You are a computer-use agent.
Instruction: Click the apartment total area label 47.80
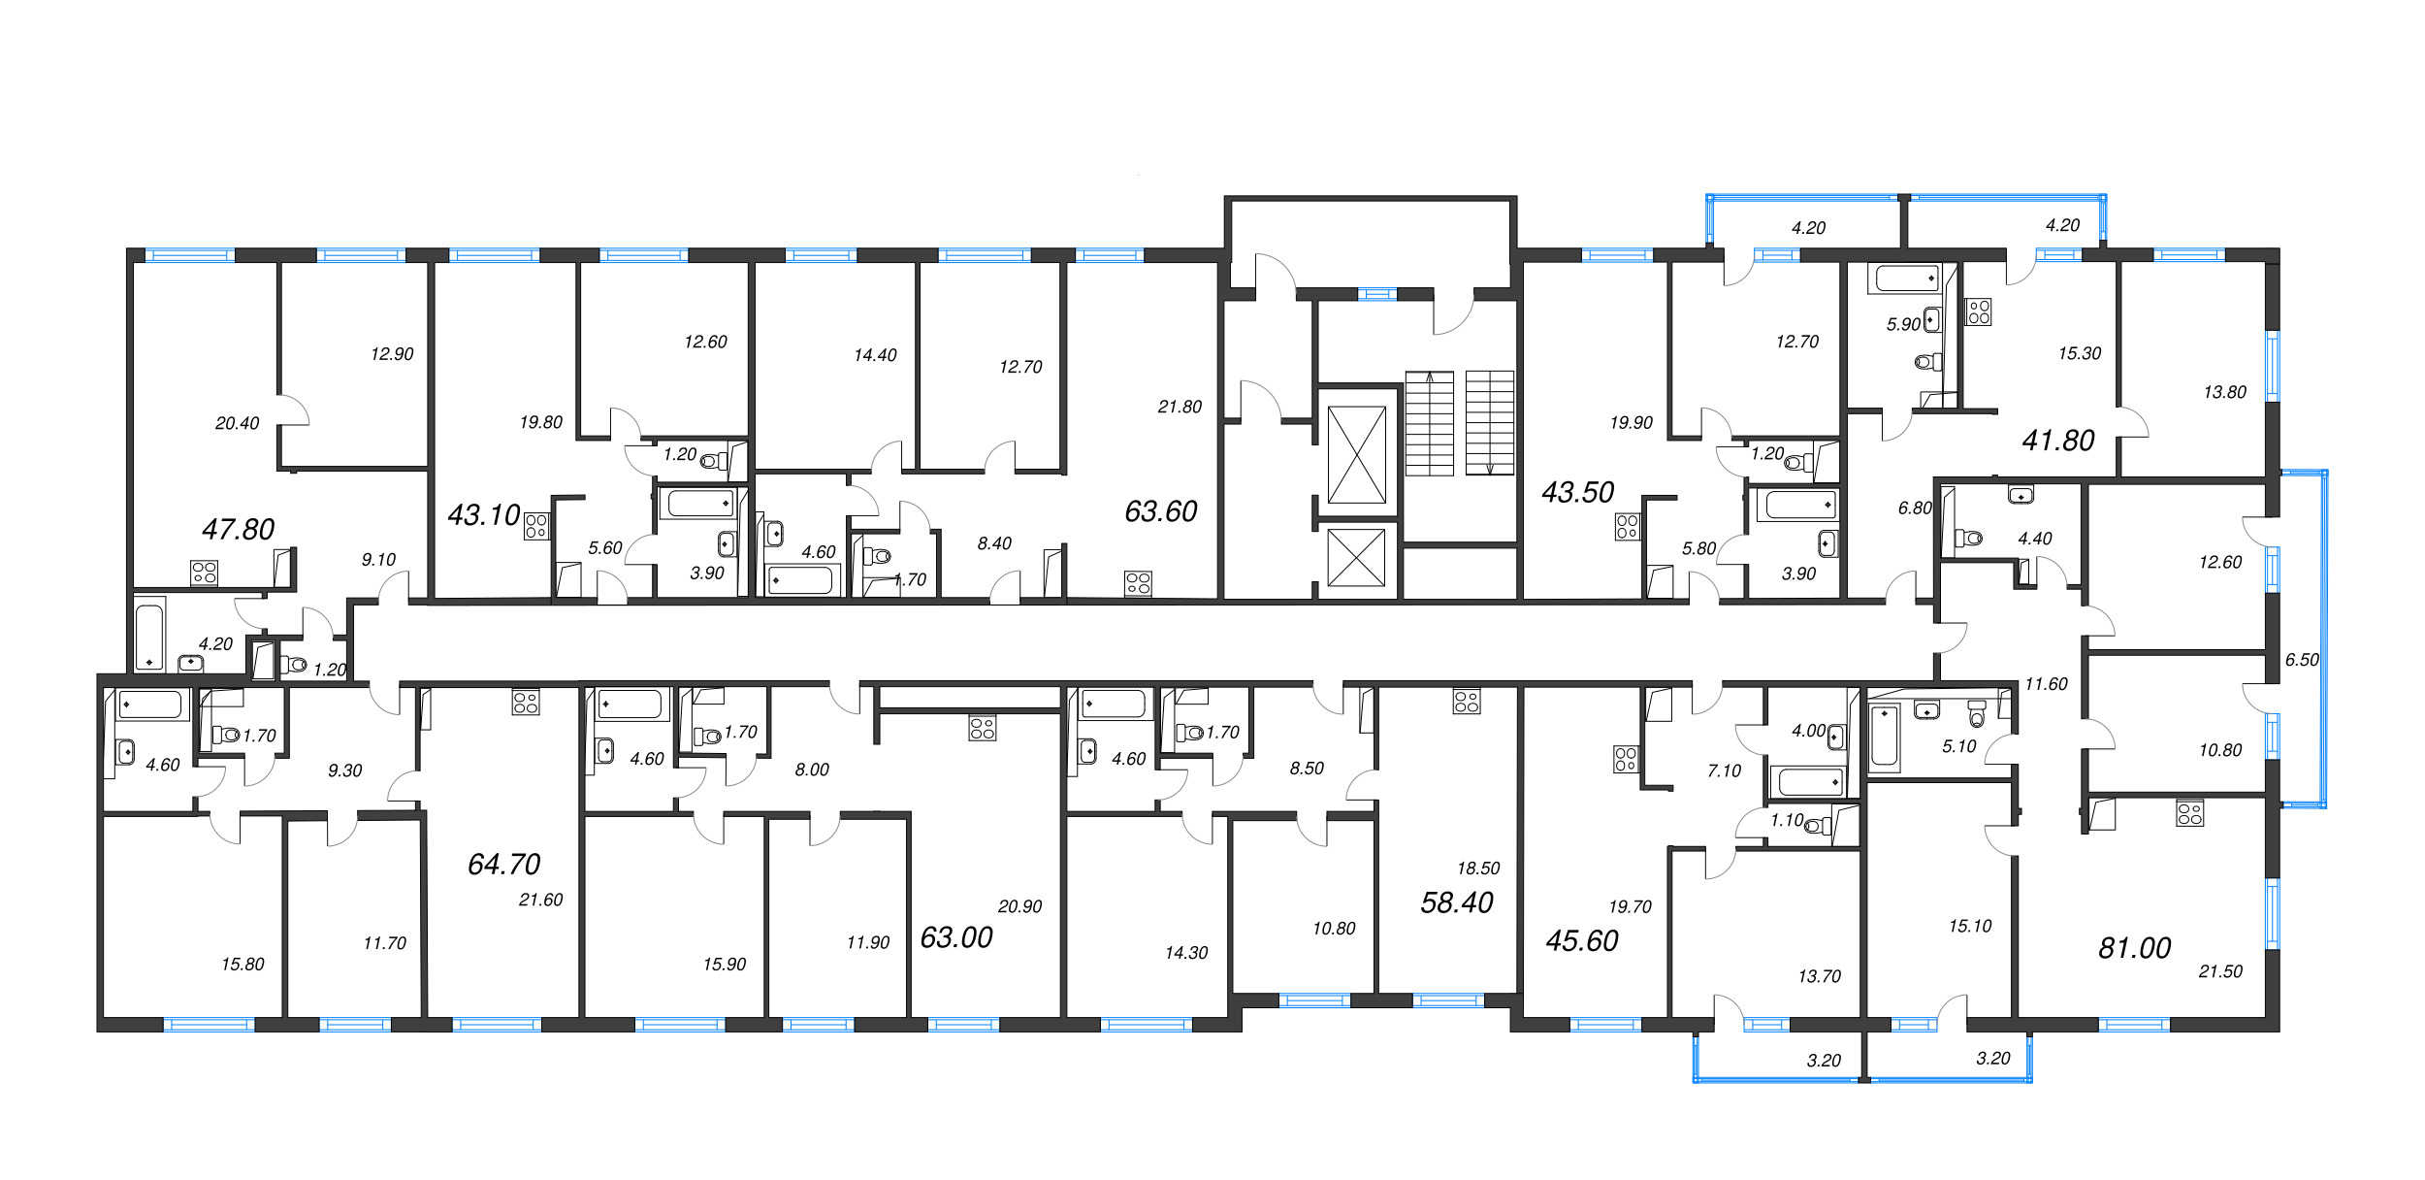[x=238, y=529]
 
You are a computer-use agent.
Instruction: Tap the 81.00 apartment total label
[x=2134, y=948]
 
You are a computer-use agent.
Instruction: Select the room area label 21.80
[x=1180, y=407]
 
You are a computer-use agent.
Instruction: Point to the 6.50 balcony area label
[x=2302, y=660]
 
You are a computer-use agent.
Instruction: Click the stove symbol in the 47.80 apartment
[x=204, y=573]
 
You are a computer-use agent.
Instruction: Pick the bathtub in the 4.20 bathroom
[x=149, y=637]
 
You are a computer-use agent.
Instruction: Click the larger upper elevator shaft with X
[x=1356, y=455]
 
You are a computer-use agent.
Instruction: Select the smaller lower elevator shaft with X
[x=1356, y=558]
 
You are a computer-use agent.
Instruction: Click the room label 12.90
[x=392, y=354]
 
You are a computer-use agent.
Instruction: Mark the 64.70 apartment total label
[x=503, y=864]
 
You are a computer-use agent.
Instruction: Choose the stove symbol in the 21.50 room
[x=2189, y=813]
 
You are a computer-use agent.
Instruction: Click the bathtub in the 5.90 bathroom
[x=1907, y=279]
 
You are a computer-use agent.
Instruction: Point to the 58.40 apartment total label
[x=1457, y=902]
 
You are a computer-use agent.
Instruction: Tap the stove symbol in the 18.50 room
[x=1467, y=702]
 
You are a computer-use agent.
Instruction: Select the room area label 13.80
[x=2224, y=392]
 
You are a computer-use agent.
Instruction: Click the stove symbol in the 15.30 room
[x=1979, y=312]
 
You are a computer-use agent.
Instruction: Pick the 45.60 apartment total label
[x=1582, y=940]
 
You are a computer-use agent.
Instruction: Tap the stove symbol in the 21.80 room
[x=1138, y=583]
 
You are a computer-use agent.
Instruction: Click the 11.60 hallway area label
[x=2046, y=684]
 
